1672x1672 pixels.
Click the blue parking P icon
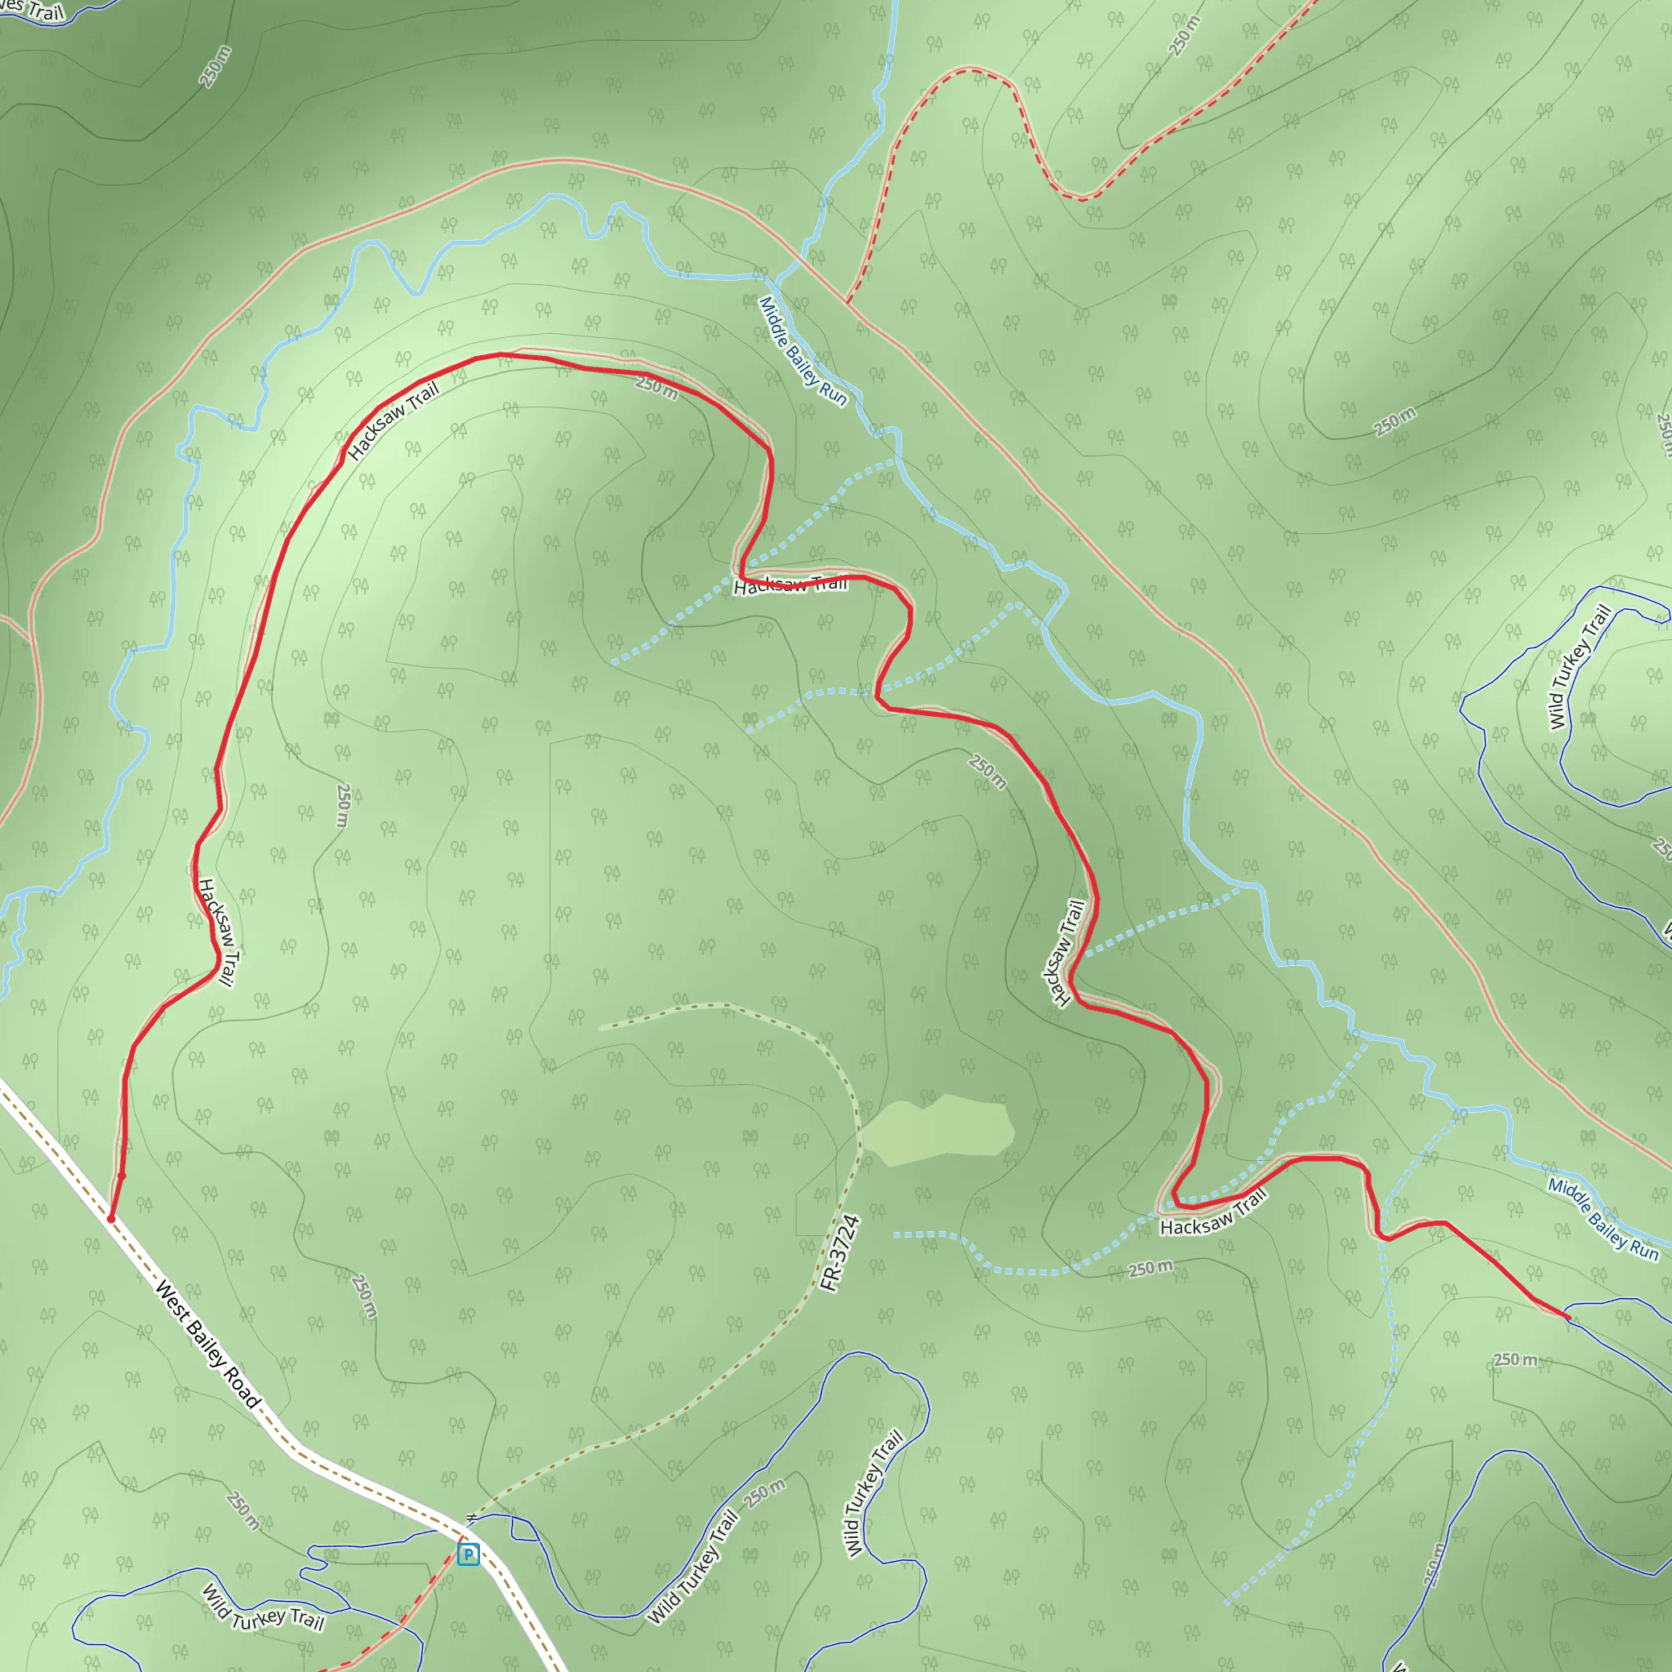tap(468, 1555)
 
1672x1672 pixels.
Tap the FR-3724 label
tap(839, 1254)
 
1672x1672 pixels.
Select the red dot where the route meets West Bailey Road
tap(111, 1219)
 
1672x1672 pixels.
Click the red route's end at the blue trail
tap(1567, 1317)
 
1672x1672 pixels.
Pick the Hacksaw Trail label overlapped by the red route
tap(790, 586)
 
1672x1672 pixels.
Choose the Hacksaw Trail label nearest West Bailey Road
tap(216, 932)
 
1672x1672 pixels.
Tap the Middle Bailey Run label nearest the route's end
tap(1603, 1220)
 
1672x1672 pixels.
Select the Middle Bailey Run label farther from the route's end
tap(803, 351)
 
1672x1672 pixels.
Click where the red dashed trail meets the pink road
tap(847, 302)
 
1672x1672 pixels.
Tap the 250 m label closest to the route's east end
tap(1515, 1359)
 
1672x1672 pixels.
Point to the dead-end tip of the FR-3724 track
tap(601, 1028)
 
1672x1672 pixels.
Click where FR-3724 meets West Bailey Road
tap(467, 1524)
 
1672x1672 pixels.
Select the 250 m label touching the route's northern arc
tap(657, 386)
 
